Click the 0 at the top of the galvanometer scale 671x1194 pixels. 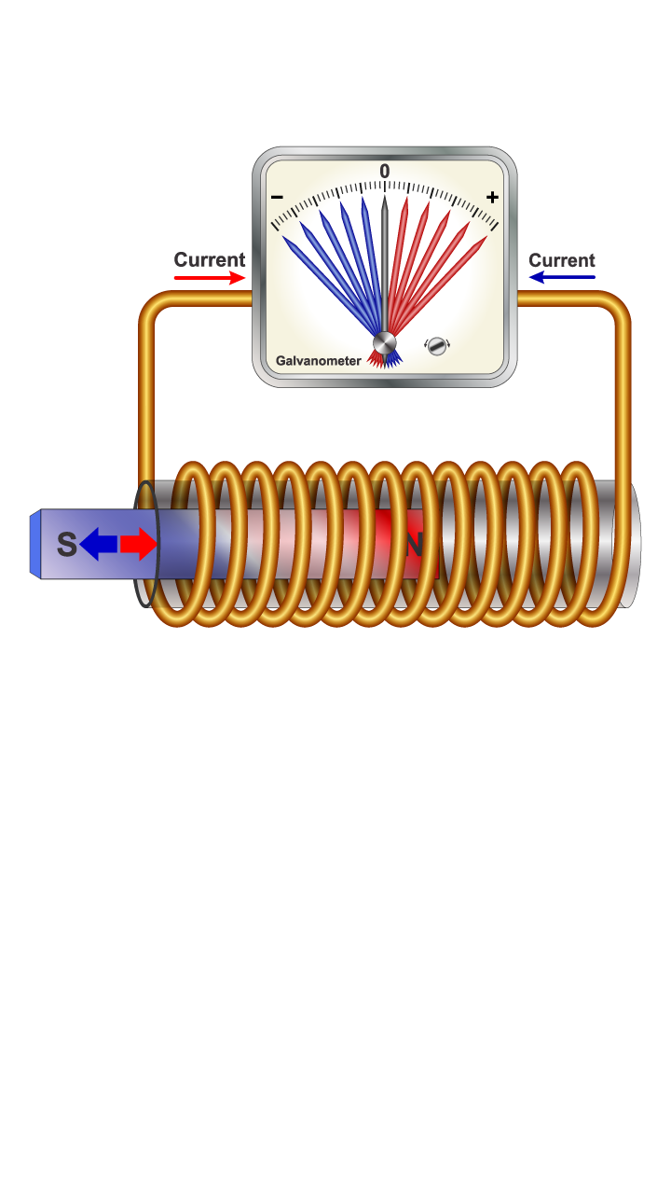(384, 172)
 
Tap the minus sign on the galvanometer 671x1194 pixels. (277, 198)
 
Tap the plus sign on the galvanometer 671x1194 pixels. (492, 197)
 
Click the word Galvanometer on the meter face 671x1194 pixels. (319, 361)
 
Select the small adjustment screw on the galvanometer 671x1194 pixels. (437, 346)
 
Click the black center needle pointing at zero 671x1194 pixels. (384, 261)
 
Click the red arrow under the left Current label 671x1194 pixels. (210, 278)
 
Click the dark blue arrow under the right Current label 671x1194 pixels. (562, 277)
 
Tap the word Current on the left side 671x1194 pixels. (210, 260)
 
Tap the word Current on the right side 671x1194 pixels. (562, 260)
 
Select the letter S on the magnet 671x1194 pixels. (66, 544)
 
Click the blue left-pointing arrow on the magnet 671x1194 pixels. (98, 544)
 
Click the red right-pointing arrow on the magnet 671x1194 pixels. (139, 544)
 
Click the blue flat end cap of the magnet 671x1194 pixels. (35, 544)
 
